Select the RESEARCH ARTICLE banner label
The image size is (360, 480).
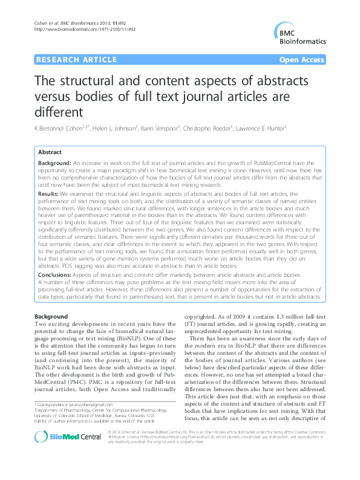pos(77,59)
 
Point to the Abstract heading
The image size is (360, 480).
pos(50,152)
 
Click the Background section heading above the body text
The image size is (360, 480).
pos(51,317)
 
